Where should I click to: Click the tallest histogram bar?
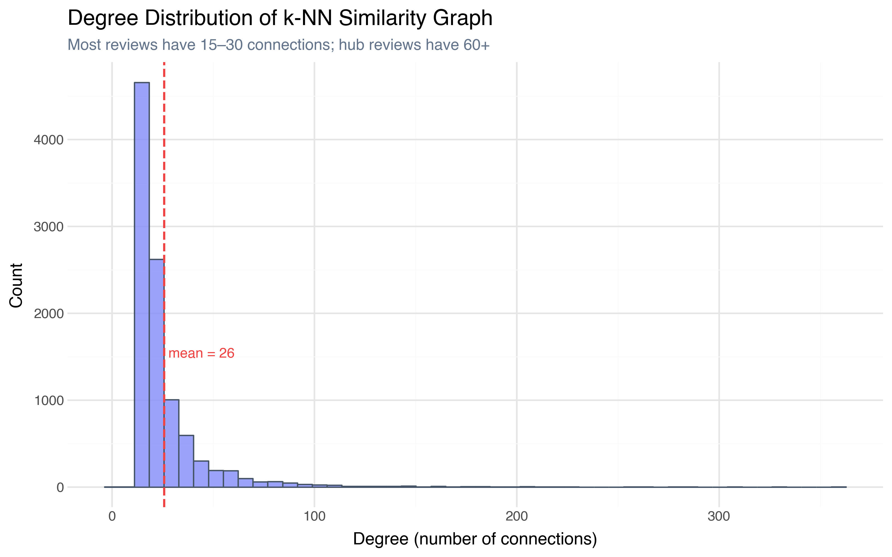pyautogui.click(x=142, y=284)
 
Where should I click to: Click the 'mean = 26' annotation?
pyautogui.click(x=201, y=353)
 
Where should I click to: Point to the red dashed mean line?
pyautogui.click(x=164, y=184)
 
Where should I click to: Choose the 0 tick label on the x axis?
pyautogui.click(x=112, y=516)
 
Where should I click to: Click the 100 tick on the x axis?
pyautogui.click(x=314, y=516)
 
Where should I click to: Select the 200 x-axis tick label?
pyautogui.click(x=517, y=516)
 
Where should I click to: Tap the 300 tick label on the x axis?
pyautogui.click(x=719, y=516)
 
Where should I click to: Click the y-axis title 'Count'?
pyautogui.click(x=16, y=285)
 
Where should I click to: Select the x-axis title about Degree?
pyautogui.click(x=475, y=539)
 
